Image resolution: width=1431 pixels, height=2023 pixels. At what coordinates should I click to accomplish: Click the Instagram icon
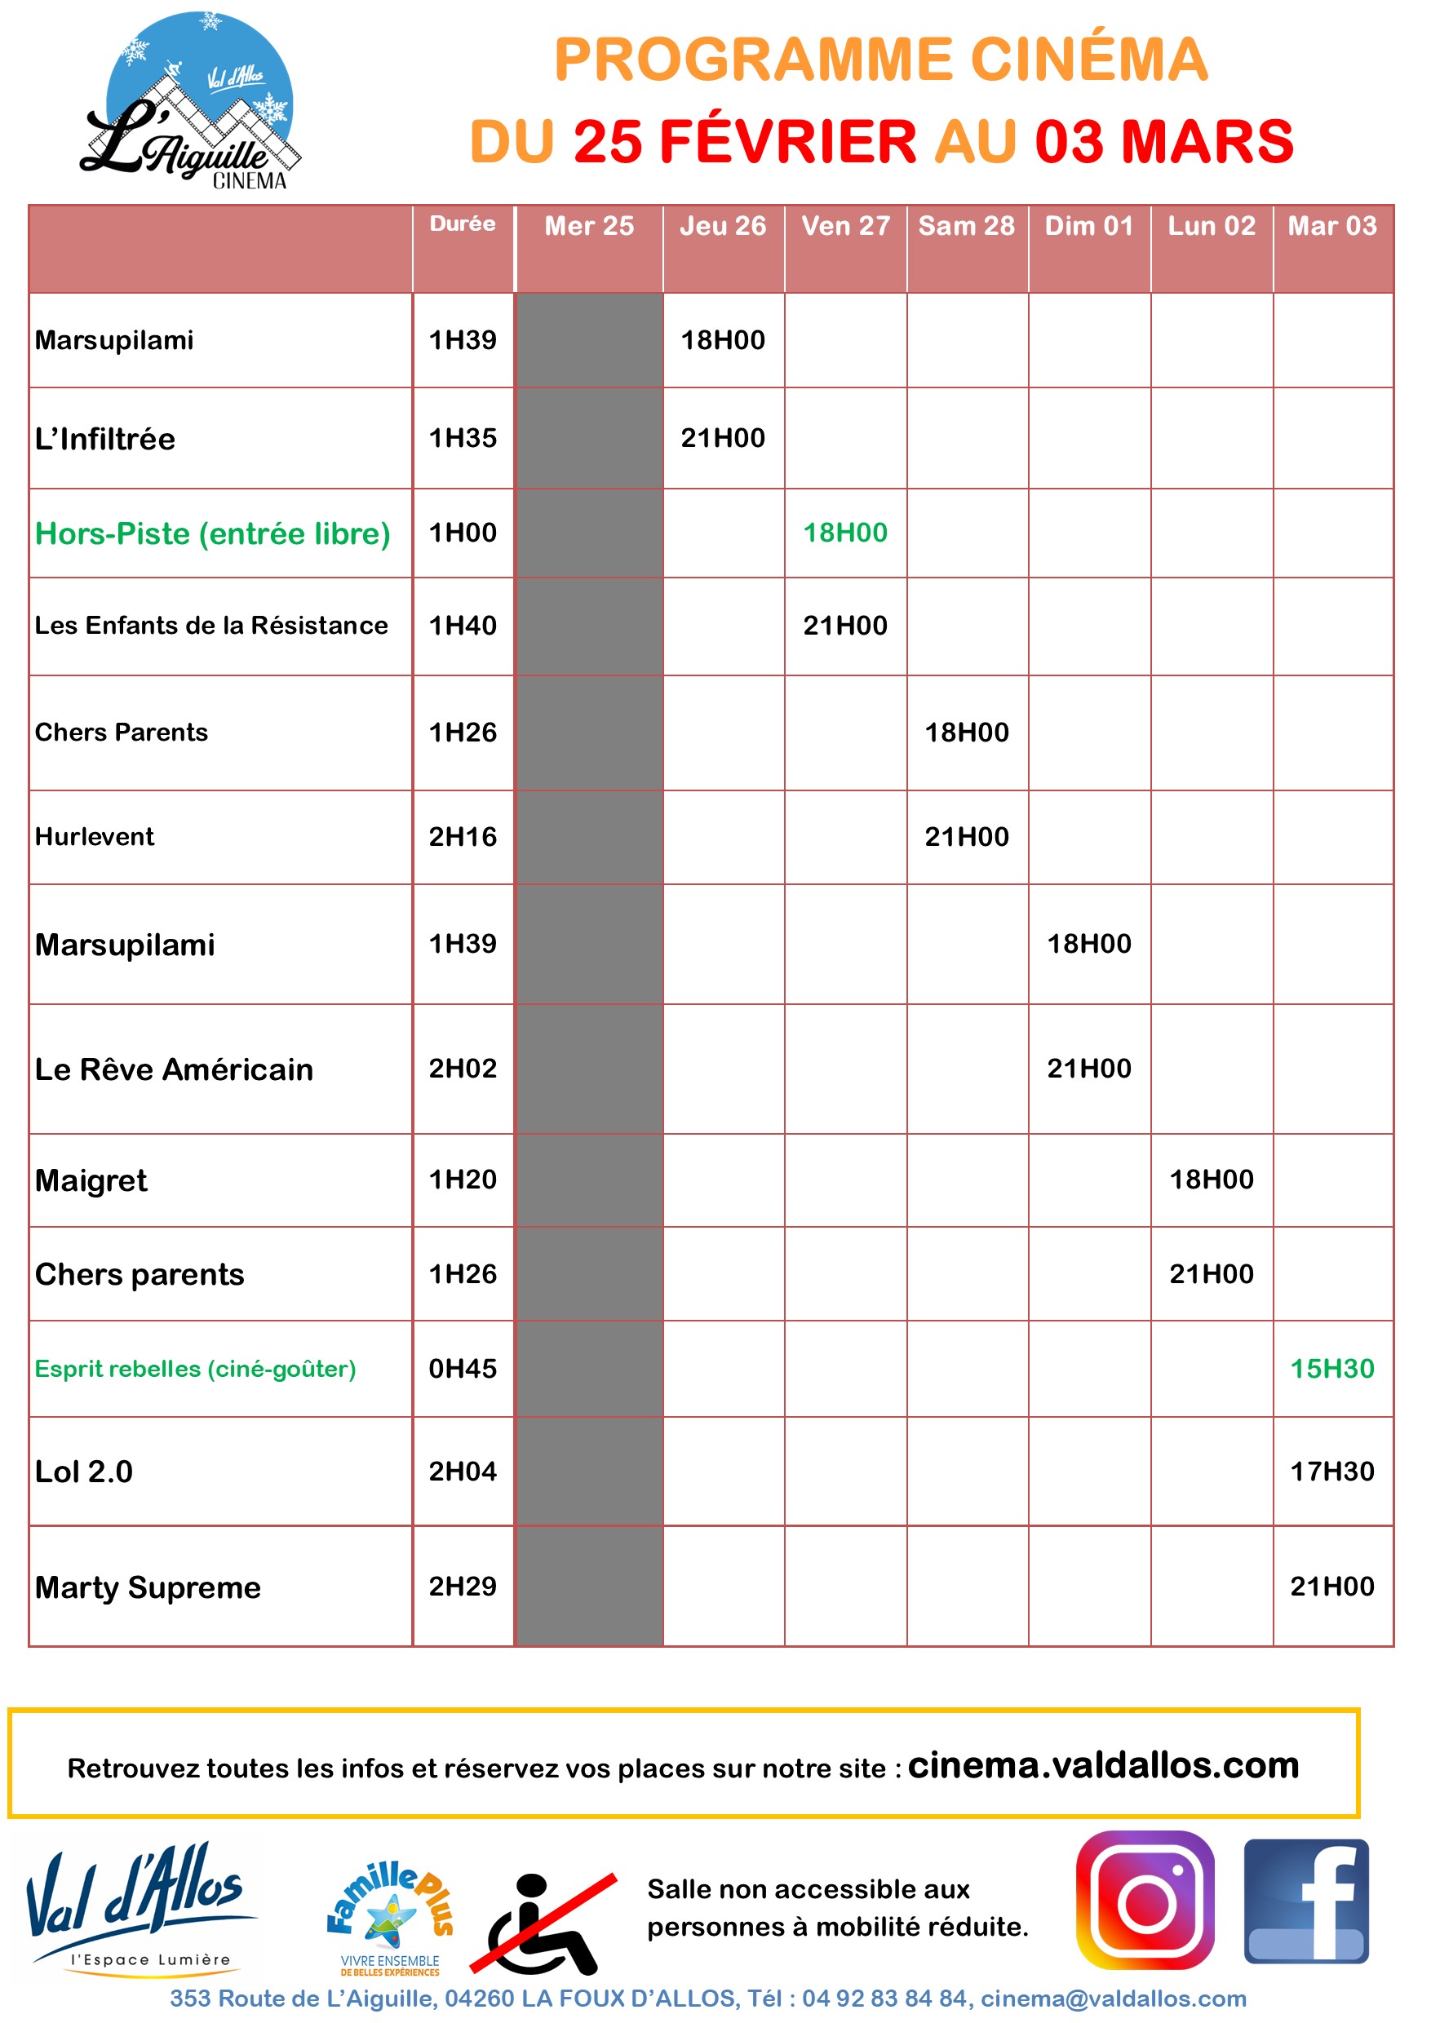coord(1145,1902)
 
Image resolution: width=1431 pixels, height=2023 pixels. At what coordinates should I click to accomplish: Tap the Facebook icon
coord(1306,1902)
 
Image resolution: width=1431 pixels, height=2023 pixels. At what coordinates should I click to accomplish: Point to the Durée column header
coord(463,224)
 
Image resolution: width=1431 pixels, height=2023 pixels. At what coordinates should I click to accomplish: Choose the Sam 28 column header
coord(967,227)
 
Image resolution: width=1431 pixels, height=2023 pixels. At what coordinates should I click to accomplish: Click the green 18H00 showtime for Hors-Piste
coord(845,533)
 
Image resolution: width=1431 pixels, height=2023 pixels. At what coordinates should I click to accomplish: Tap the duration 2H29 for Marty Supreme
coord(463,1587)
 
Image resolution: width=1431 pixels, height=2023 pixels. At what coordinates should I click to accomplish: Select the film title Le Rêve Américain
coord(175,1069)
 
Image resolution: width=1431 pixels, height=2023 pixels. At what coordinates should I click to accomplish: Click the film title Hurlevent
coord(95,837)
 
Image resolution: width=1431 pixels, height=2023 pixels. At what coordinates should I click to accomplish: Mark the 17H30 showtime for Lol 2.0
coord(1332,1472)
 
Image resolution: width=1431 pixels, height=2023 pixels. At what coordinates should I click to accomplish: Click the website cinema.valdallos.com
coord(1103,1766)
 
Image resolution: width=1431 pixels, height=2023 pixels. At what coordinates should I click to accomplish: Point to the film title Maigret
coord(91,1180)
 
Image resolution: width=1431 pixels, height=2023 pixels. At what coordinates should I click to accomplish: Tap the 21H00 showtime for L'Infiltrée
coord(723,438)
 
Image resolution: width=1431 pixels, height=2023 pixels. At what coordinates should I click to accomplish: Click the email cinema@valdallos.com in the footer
coord(1114,1999)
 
